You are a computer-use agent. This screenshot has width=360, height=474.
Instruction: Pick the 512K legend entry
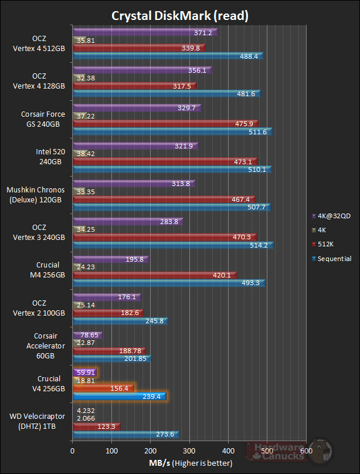point(328,244)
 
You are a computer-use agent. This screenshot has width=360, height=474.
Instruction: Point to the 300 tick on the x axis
point(189,451)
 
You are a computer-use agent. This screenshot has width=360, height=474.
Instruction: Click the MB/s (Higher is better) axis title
point(188,463)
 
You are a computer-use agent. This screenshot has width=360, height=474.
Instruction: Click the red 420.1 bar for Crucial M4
point(154,275)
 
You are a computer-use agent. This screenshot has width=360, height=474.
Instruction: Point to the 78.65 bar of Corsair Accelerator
point(86,335)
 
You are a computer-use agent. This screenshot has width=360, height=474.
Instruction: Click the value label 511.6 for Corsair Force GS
point(257,132)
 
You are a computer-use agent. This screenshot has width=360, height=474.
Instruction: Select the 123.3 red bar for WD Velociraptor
point(96,426)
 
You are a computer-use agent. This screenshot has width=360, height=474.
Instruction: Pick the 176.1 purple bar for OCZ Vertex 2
point(106,297)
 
